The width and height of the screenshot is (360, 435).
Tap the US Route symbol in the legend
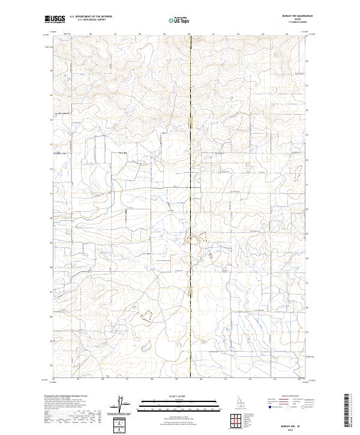[288, 406]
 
